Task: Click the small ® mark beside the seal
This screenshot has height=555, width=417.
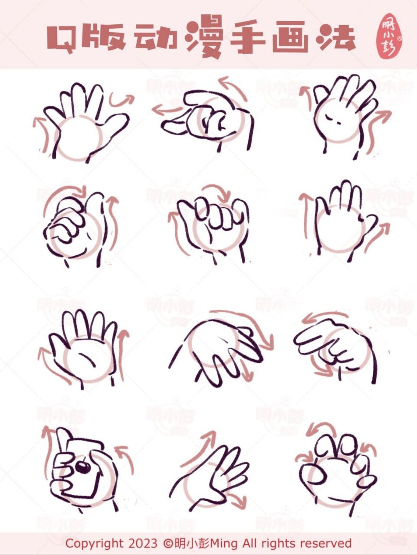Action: (400, 39)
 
